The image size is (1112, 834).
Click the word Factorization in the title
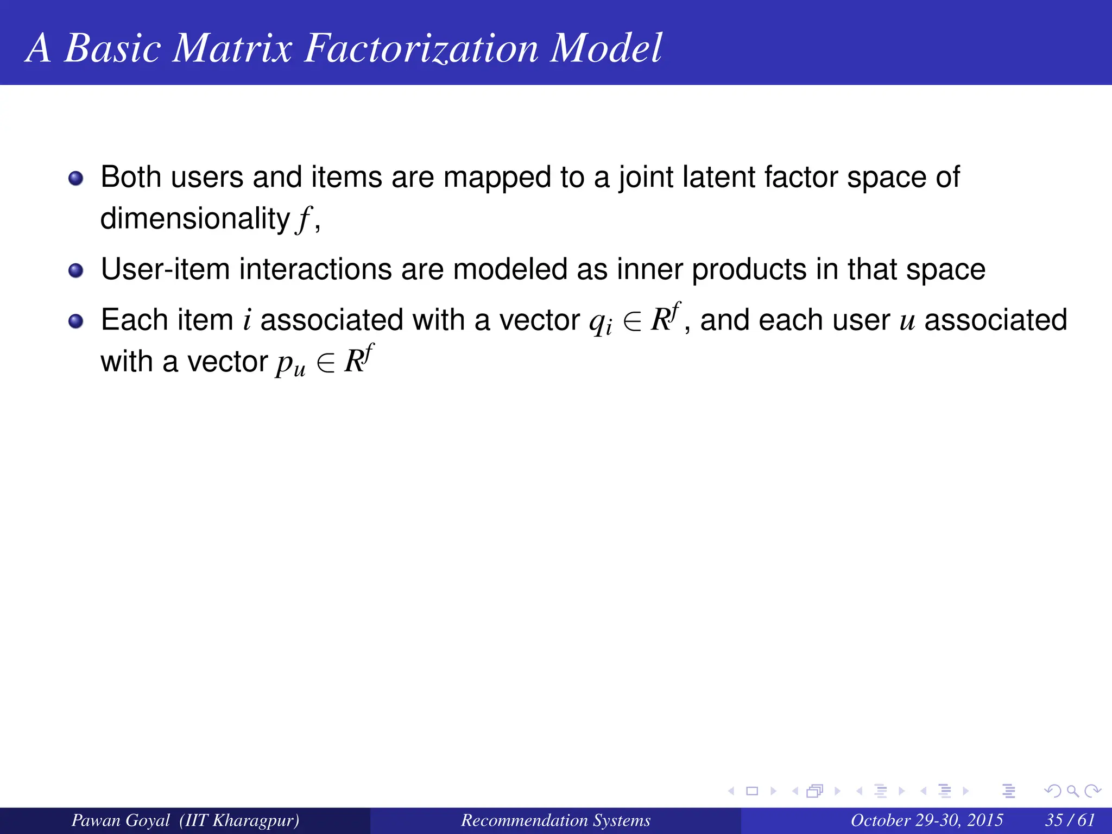tap(421, 49)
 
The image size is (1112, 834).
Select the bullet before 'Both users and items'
tap(76, 178)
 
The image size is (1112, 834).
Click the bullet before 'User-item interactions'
tap(76, 270)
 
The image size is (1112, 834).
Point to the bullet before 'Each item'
tap(76, 321)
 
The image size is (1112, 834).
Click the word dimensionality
tap(195, 219)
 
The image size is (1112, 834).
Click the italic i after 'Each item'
tap(247, 320)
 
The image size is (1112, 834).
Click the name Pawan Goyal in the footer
tap(121, 820)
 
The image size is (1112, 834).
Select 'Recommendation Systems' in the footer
tap(555, 820)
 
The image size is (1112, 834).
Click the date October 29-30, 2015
tap(926, 820)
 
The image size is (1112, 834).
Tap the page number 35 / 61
tap(1070, 820)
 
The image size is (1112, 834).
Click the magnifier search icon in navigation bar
tap(1072, 791)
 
